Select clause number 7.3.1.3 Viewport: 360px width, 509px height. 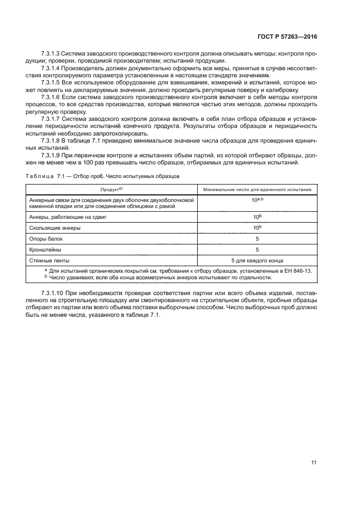pyautogui.click(x=51, y=54)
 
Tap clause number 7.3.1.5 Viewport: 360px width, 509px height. pyautogui.click(x=51, y=82)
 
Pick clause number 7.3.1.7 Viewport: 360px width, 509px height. pyautogui.click(x=51, y=118)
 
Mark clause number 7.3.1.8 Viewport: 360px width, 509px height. pyautogui.click(x=51, y=139)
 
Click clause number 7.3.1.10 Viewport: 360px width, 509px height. pyautogui.click(x=52, y=295)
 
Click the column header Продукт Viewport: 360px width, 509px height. pyautogui.click(x=110, y=189)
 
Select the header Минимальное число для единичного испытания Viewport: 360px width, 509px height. pyautogui.click(x=257, y=189)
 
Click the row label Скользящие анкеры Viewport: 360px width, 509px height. pyautogui.click(x=54, y=228)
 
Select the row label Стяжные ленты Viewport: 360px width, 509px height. pyautogui.click(x=50, y=260)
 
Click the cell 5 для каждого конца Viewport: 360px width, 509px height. pyautogui.click(x=257, y=260)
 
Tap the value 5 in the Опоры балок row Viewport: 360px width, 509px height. pyautogui.click(x=257, y=238)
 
